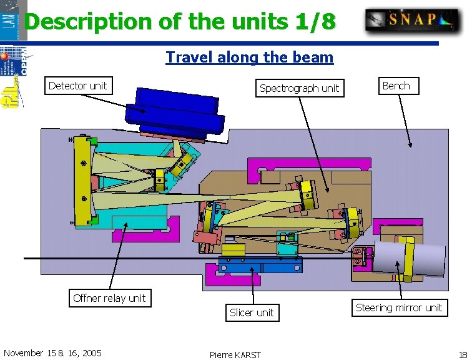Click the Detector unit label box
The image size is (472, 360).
tap(77, 86)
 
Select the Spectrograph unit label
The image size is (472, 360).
tap(299, 88)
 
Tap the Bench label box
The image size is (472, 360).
tap(396, 86)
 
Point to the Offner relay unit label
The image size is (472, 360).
tap(109, 298)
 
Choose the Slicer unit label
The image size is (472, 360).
tap(252, 312)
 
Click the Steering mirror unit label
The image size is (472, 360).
tap(398, 307)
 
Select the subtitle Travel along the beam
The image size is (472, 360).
tap(249, 57)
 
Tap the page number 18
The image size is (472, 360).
tap(462, 354)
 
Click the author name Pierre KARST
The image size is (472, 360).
tap(235, 354)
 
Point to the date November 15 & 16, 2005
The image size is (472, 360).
tap(52, 353)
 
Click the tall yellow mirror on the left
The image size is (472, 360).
tap(82, 181)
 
